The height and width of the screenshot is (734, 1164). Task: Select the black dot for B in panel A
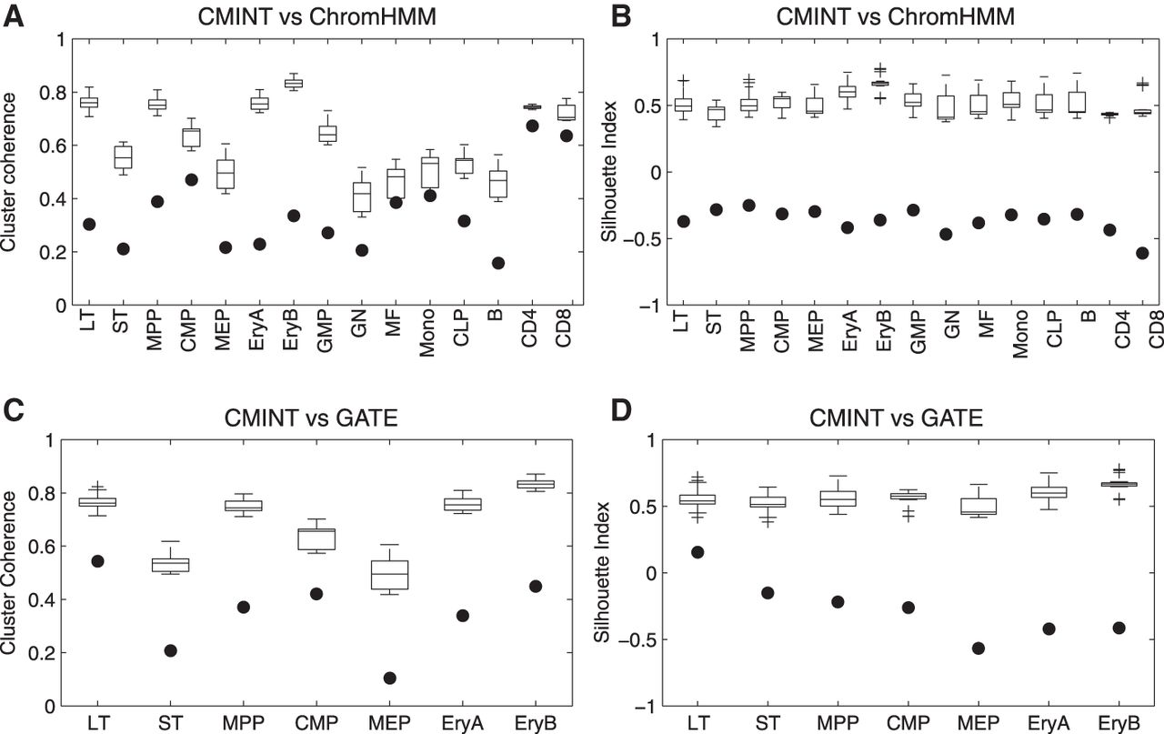[498, 263]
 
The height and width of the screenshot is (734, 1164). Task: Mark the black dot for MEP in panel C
[389, 678]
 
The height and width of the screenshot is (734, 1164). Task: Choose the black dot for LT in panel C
[96, 561]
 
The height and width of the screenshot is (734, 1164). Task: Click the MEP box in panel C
[389, 574]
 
